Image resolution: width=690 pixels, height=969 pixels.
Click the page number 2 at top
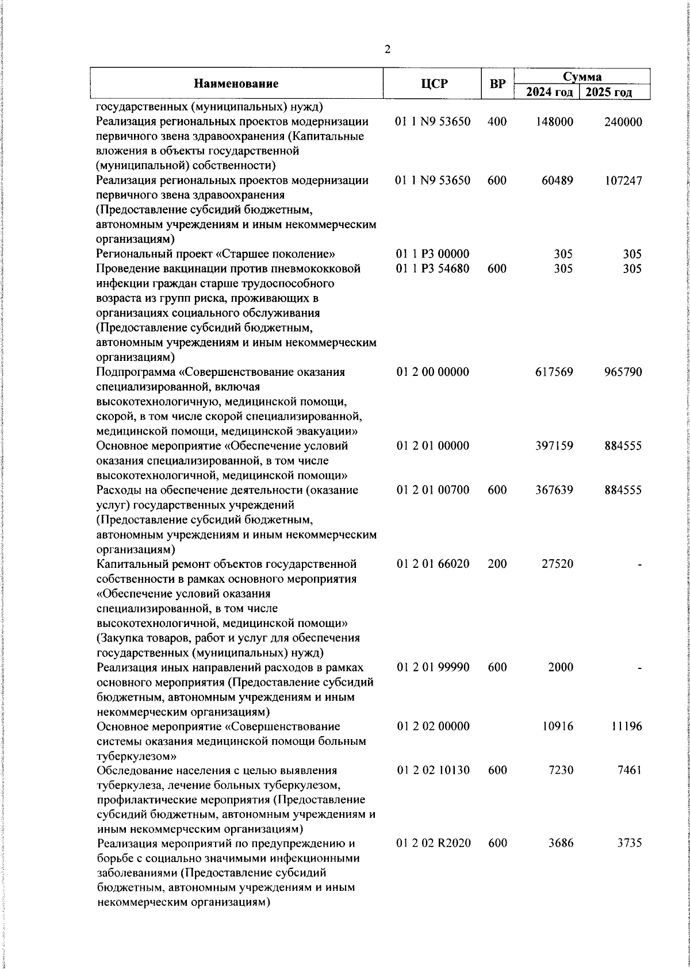pyautogui.click(x=387, y=50)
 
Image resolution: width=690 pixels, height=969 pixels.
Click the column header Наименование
pyautogui.click(x=236, y=84)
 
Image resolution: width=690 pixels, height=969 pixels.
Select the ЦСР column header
pyautogui.click(x=434, y=84)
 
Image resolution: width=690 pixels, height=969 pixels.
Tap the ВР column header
pyautogui.click(x=497, y=84)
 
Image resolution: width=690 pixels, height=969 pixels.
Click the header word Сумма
pyautogui.click(x=582, y=76)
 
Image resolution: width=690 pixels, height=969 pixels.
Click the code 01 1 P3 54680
pyautogui.click(x=433, y=269)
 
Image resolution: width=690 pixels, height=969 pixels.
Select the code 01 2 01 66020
pyautogui.click(x=433, y=564)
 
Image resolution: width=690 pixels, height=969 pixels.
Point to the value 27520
pyautogui.click(x=557, y=564)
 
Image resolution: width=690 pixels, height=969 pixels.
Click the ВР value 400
pyautogui.click(x=496, y=122)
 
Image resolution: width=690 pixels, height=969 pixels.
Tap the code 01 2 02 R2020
pyautogui.click(x=434, y=843)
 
